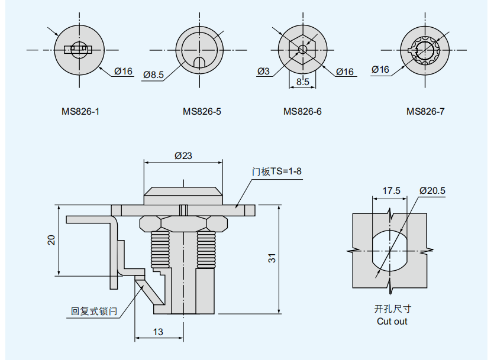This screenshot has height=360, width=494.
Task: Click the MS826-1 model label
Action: coord(80,111)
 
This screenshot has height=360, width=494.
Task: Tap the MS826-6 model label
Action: coord(302,111)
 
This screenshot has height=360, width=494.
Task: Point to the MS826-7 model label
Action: coord(425,111)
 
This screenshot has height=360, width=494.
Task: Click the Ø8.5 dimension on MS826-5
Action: coord(153,75)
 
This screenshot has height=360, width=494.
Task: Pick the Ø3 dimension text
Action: coord(263,72)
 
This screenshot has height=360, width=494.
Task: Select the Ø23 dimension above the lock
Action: coord(183,156)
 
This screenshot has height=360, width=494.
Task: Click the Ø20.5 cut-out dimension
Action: coord(432,190)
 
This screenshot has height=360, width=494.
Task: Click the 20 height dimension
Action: coord(51,240)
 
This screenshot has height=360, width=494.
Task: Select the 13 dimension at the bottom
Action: coord(158,332)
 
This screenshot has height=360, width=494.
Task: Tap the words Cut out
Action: coord(392,321)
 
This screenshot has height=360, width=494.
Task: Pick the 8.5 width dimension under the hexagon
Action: coord(302,82)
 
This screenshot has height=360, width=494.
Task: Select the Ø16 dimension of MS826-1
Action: coord(123,72)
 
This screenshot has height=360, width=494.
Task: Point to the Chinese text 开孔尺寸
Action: coord(392,309)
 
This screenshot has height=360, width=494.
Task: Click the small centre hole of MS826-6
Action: coord(302,49)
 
